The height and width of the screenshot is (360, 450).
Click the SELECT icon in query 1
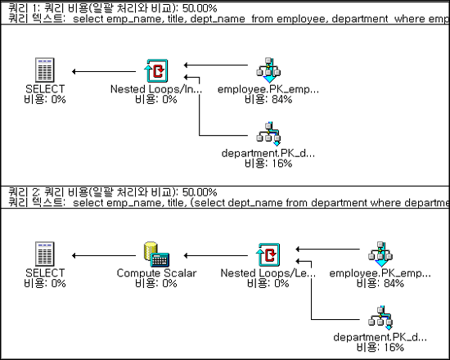44,70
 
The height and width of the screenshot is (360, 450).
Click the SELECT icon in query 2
44,254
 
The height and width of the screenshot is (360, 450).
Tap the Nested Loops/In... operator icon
156,70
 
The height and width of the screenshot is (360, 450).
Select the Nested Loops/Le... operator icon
268,254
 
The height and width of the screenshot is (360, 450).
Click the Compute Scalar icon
156,254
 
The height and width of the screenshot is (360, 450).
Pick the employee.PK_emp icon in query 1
268,70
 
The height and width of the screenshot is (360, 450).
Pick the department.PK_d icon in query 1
268,134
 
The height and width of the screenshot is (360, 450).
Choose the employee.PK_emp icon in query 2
380,254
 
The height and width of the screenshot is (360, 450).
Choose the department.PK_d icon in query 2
380,317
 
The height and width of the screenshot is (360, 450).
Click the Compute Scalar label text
156,273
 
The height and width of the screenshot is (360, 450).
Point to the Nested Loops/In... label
156,89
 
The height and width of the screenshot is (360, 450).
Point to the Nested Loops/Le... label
268,273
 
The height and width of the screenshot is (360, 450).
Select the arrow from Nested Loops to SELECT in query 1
104,71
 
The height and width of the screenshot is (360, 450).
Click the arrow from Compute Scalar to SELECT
104,255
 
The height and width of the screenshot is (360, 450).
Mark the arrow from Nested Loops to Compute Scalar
216,255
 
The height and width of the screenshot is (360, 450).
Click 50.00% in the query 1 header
200,8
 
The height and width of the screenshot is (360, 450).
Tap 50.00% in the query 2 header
200,192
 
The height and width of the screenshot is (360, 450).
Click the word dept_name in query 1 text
218,19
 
